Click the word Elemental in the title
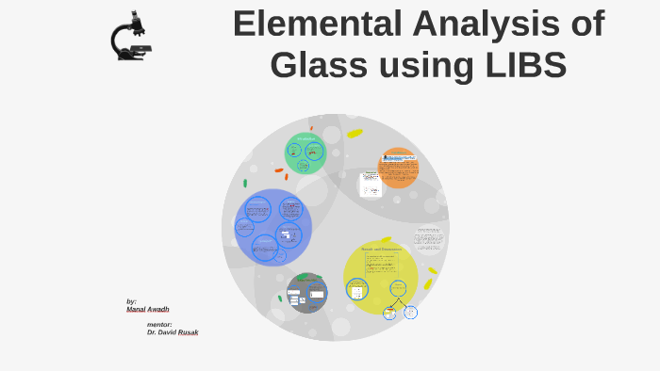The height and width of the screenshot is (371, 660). [x=307, y=24]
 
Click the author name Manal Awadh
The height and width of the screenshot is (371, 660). [x=148, y=309]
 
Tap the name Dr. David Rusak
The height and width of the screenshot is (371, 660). [x=173, y=332]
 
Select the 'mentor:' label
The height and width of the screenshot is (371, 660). [x=159, y=324]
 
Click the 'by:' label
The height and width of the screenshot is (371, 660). [x=132, y=301]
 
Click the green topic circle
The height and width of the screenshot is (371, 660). [x=305, y=153]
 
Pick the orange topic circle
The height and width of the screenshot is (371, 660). [x=399, y=168]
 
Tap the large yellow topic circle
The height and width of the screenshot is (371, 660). [x=380, y=276]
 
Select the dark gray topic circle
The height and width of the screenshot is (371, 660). [x=306, y=293]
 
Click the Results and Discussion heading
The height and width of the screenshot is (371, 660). [x=381, y=250]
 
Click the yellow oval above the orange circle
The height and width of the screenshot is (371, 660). [x=355, y=134]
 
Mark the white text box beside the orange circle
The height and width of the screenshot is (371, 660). [x=371, y=184]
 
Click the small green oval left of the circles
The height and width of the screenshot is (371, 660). [x=245, y=184]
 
